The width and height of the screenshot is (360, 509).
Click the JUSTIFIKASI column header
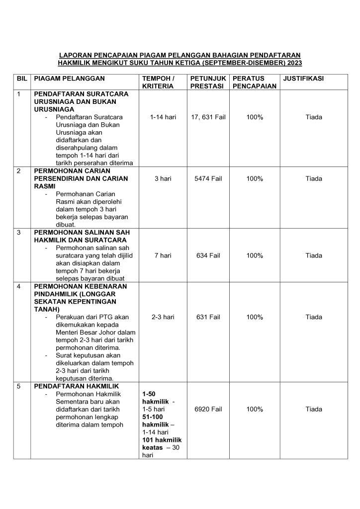(303, 79)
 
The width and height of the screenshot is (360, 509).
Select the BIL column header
(22, 79)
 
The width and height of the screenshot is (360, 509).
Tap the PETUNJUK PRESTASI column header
(208, 82)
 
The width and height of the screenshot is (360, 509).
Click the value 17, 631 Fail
(208, 117)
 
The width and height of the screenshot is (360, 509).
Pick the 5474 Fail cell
(208, 178)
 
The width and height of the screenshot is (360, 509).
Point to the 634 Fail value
(208, 255)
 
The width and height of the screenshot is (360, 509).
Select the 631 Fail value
(208, 317)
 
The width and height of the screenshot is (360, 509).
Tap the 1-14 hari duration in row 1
(163, 117)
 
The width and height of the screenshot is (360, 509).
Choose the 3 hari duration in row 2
(163, 178)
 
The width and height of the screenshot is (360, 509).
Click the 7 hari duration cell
(163, 255)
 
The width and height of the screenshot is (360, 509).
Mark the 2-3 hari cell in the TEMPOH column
(163, 317)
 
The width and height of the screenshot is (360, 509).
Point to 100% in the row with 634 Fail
(255, 255)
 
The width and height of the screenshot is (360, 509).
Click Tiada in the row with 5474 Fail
(314, 178)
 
